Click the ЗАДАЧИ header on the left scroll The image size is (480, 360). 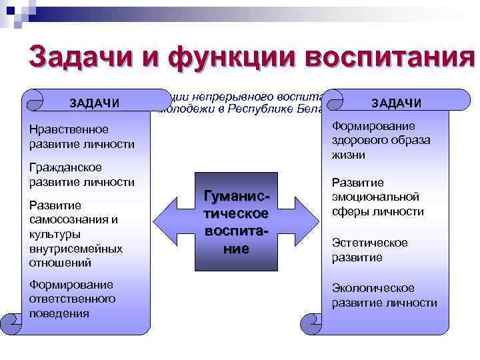(95, 103)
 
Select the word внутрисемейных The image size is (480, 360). (76, 249)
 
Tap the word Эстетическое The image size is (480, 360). (369, 243)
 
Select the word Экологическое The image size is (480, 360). (373, 288)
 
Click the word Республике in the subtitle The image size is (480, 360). (257, 109)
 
